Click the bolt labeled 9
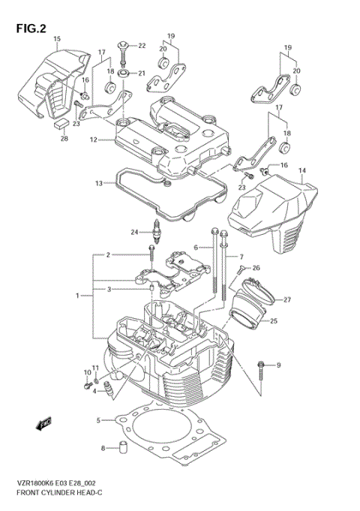pyautogui.click(x=260, y=366)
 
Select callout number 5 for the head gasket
pyautogui.click(x=97, y=420)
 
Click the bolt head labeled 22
pyautogui.click(x=123, y=47)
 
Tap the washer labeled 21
pyautogui.click(x=123, y=73)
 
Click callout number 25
pyautogui.click(x=274, y=322)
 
